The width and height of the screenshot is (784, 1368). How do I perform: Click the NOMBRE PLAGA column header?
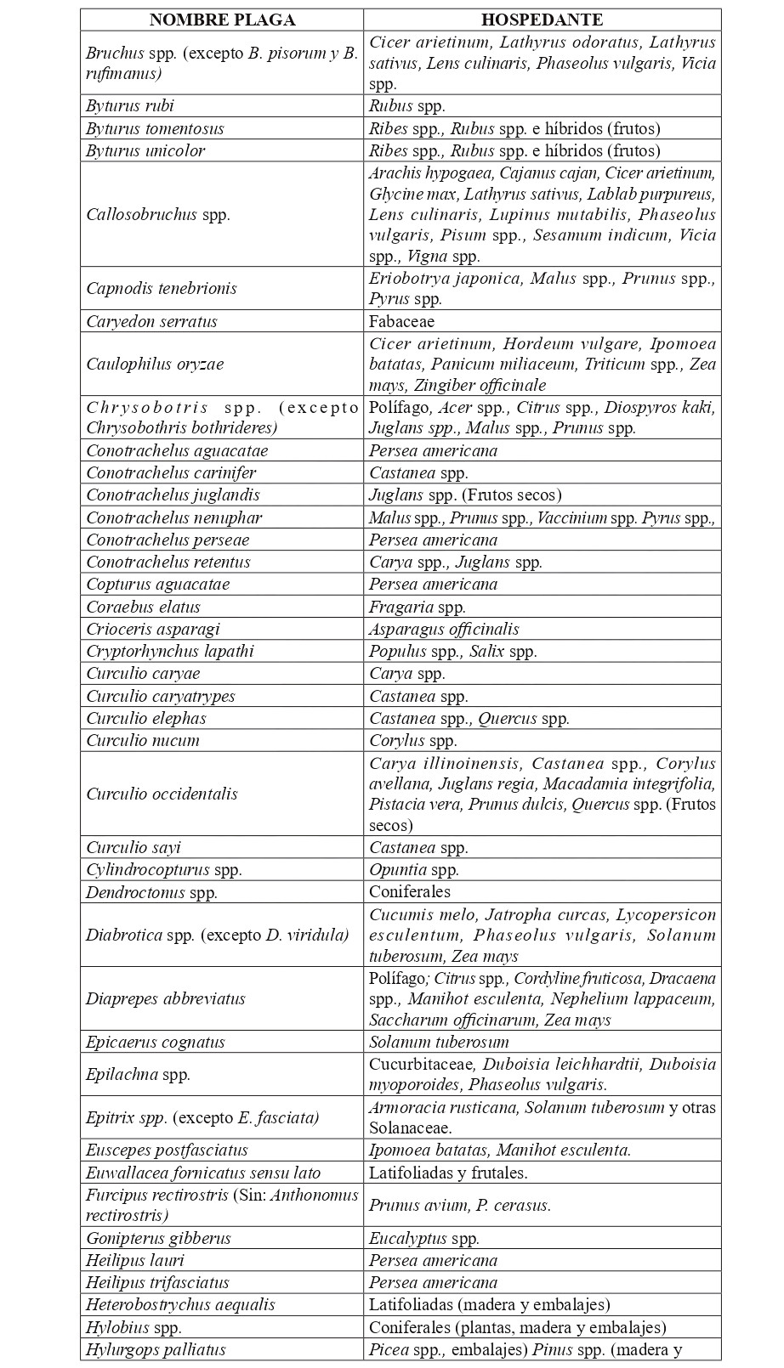[222, 20]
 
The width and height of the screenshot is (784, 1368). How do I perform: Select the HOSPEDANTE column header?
[542, 20]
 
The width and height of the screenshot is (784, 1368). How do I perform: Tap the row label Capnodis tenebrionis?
[162, 288]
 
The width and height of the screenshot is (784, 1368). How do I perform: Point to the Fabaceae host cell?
[401, 321]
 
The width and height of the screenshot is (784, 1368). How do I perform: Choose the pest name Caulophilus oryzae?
[155, 364]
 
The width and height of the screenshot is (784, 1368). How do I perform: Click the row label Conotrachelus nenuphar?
[173, 517]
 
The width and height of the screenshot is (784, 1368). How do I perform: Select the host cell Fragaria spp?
[417, 607]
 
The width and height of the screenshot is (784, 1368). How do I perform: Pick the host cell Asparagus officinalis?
[444, 629]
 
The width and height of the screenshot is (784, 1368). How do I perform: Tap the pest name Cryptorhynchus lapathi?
[170, 651]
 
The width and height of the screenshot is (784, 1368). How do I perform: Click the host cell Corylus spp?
[412, 740]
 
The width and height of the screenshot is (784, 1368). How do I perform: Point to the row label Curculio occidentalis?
[162, 794]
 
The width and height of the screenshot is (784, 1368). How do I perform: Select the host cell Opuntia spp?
[413, 869]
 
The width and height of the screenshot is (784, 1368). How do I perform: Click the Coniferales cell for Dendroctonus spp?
[410, 891]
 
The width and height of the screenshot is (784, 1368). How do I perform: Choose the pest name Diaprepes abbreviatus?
[154, 998]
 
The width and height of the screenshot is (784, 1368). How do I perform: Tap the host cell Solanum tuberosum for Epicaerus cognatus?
[439, 1042]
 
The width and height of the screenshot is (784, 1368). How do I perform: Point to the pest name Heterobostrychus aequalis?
[180, 1304]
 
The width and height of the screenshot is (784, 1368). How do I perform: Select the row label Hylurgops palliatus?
[156, 1348]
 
